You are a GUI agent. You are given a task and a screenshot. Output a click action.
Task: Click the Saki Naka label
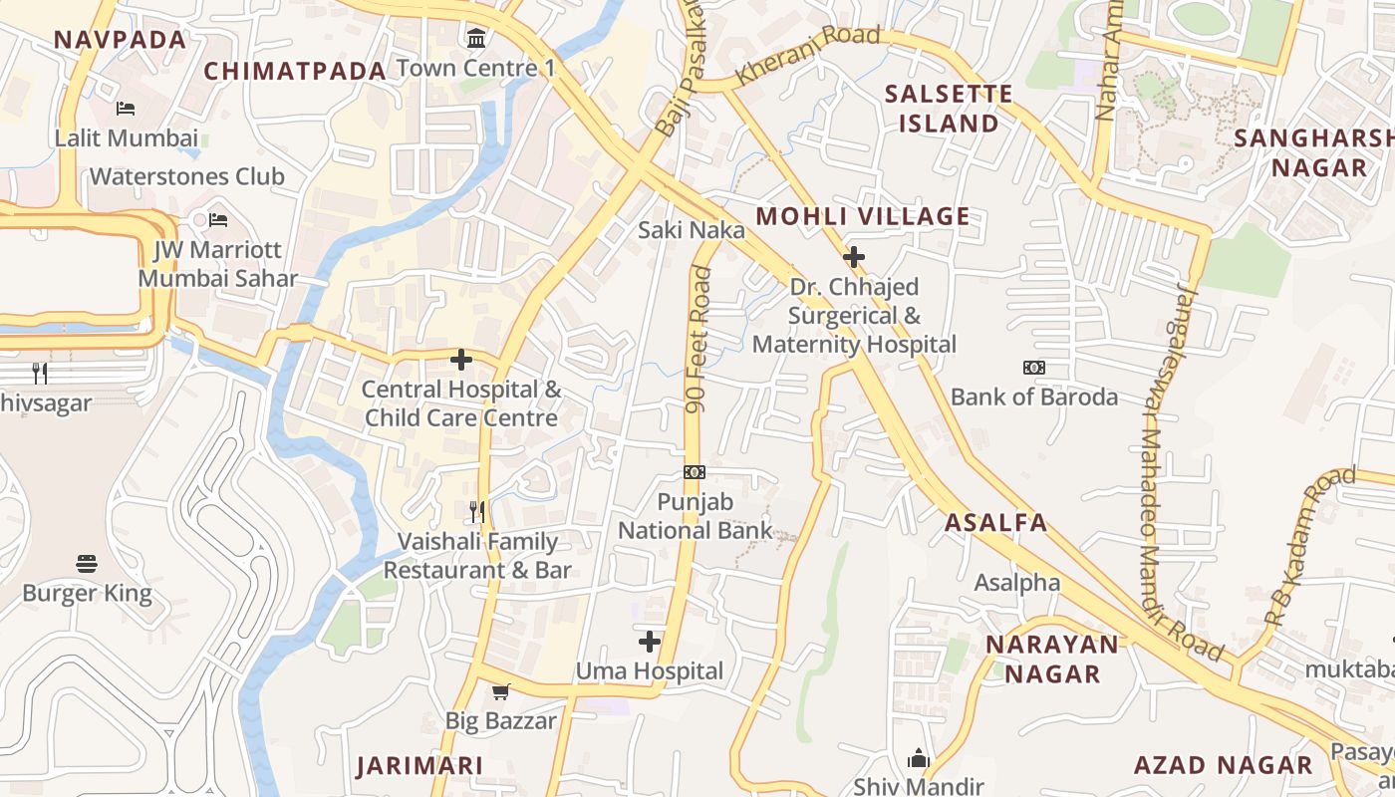[691, 230]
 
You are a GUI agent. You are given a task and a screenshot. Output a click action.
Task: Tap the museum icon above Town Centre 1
[476, 39]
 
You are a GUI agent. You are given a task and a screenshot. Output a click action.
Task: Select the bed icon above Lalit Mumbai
[126, 108]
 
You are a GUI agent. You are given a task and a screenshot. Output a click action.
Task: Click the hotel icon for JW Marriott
[218, 219]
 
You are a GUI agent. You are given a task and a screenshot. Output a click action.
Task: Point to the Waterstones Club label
[187, 176]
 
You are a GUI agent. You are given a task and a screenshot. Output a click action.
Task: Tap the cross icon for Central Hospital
[461, 360]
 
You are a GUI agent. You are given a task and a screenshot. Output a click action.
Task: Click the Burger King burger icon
[87, 564]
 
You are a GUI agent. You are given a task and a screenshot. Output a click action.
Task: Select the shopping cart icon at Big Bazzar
[500, 691]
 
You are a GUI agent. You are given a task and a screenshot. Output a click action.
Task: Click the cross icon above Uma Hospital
[650, 641]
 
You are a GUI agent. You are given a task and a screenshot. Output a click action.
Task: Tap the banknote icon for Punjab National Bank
[695, 471]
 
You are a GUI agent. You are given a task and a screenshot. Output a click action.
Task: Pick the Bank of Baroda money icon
[1033, 368]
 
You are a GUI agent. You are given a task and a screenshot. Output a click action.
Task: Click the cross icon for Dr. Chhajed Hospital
[853, 257]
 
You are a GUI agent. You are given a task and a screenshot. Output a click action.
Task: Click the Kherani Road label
[808, 56]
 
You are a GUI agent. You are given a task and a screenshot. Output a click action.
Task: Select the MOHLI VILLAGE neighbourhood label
[862, 216]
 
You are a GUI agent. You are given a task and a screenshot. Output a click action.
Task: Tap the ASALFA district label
[995, 522]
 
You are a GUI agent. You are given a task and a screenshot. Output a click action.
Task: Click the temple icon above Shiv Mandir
[918, 759]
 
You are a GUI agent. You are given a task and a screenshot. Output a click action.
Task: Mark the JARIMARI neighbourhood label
[419, 765]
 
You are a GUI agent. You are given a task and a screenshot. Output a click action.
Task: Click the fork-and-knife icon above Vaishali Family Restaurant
[477, 512]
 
